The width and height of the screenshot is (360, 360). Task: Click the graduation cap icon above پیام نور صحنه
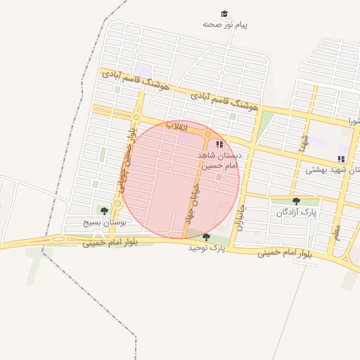(224, 14)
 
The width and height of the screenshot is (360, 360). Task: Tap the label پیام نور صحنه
(225, 25)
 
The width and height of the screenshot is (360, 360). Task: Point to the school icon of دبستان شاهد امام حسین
(220, 144)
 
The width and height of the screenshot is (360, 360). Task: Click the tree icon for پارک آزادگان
(295, 201)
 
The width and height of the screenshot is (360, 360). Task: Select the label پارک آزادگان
(296, 212)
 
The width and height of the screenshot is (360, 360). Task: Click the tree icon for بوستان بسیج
(104, 211)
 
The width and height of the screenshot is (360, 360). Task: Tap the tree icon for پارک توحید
(206, 237)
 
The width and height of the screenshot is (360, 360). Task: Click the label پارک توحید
(205, 247)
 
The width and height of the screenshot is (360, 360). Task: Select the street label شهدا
(303, 142)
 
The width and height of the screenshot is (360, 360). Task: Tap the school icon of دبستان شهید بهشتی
(341, 160)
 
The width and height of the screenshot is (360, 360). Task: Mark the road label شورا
(352, 122)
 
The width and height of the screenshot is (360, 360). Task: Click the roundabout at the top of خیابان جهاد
(207, 134)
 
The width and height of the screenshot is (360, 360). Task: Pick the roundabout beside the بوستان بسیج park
(117, 203)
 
